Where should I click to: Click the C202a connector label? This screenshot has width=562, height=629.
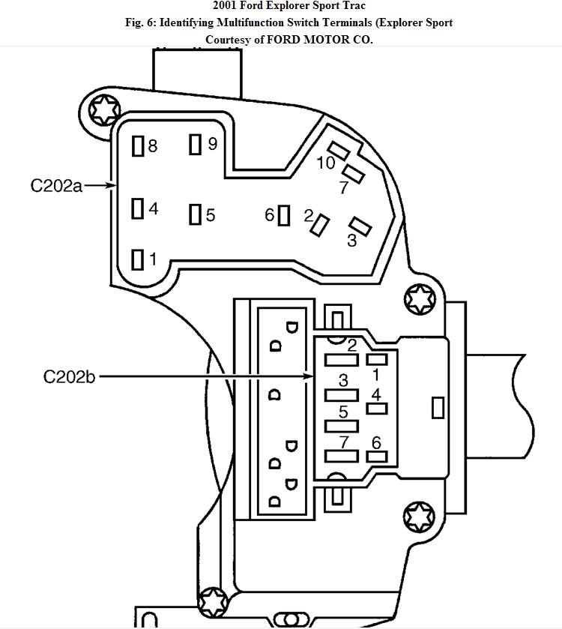56,185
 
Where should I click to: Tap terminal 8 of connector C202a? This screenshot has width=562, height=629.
138,147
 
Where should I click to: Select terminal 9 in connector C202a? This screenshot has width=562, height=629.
196,144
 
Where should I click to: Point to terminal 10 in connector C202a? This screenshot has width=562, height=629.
338,150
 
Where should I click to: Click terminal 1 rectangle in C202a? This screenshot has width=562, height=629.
138,259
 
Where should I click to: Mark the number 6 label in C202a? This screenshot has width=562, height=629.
270,215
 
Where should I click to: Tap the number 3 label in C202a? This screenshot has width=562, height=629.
351,241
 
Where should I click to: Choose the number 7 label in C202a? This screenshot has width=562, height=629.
343,187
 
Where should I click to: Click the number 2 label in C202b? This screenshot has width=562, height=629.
352,346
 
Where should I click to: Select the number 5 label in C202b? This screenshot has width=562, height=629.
343,412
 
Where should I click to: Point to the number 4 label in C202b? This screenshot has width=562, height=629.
376,394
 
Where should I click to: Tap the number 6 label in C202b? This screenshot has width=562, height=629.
376,442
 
